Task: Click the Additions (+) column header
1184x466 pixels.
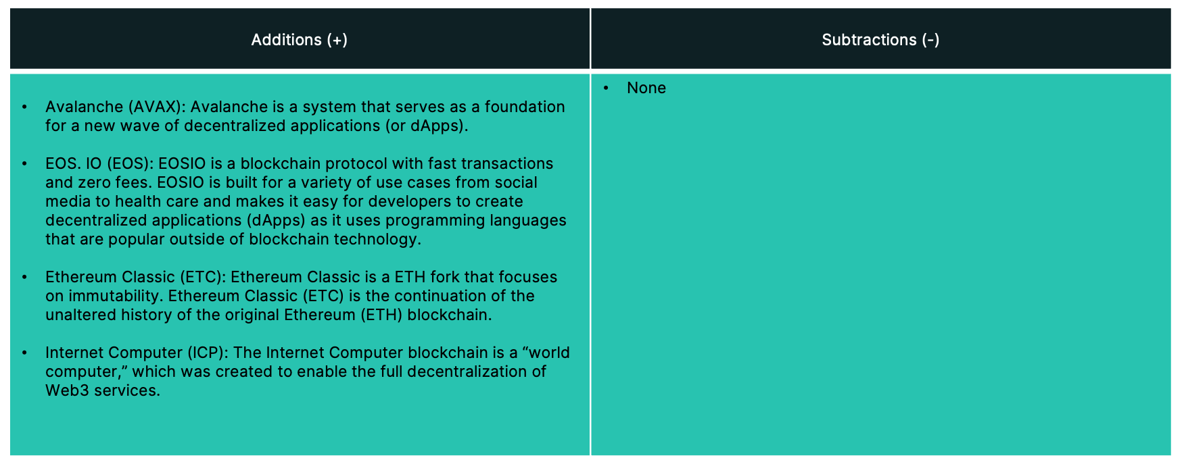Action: coord(300,40)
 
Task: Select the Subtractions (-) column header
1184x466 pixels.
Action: coord(880,40)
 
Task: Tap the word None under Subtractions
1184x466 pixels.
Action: coord(646,88)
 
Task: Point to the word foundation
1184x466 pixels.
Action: coord(525,107)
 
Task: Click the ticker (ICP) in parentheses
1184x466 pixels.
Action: coord(208,353)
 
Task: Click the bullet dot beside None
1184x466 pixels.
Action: coord(606,88)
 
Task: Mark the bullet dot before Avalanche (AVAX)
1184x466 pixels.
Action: coord(24,107)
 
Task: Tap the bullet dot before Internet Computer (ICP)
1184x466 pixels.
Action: coord(24,353)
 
